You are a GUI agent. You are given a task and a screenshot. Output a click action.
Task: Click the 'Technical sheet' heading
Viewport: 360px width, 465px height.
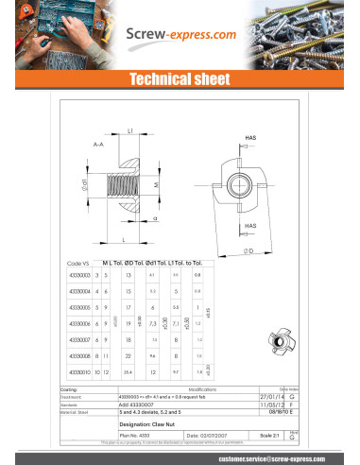179,79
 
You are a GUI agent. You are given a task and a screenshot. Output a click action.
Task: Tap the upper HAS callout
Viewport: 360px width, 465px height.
250,138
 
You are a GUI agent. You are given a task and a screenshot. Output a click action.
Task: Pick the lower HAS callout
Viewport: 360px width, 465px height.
250,227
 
